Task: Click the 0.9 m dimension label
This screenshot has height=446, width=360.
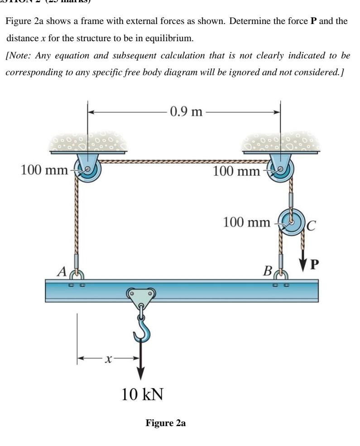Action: pos(186,111)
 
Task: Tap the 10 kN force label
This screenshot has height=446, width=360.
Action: pos(142,394)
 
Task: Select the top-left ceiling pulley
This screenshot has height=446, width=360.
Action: pos(86,170)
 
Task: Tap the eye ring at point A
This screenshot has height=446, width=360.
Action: pos(77,274)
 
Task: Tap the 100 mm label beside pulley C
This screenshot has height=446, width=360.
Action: pos(247,222)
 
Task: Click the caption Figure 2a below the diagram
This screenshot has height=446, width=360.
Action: pos(165,423)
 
